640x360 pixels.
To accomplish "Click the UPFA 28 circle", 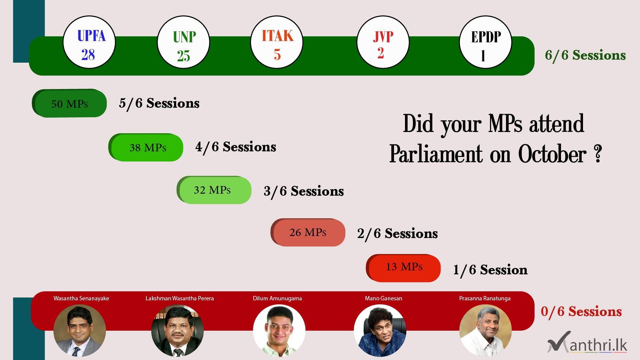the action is pos(89,42).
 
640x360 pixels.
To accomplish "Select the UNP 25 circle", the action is pos(183,42).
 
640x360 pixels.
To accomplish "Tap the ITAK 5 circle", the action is pos(277,42).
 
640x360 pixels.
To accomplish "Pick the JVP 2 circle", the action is pos(383,42).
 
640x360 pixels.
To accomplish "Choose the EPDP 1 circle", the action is pos(486,42).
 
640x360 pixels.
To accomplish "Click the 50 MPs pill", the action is pos(69,103).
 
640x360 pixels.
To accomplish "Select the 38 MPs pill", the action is pos(146,147).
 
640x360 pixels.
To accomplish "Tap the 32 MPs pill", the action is pos(214,190).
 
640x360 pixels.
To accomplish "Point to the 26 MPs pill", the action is pos(308,232).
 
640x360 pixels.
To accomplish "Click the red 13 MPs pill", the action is pos(403,268).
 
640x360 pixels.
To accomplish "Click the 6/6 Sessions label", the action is pos(585,55).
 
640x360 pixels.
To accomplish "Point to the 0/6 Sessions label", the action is pos(581,312).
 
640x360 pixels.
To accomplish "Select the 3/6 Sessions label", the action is pos(304,191).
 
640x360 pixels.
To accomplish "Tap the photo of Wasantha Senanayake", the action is pos(80,331).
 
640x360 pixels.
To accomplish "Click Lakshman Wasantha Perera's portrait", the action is pos(178,331).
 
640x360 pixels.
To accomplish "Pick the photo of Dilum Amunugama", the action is pos(279,331).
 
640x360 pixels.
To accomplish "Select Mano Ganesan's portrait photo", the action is pos(380,331).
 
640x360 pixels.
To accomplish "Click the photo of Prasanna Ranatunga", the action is pos(485,331).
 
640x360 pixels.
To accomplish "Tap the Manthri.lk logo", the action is pos(587,342).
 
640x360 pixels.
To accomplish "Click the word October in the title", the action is pos(552,154).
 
